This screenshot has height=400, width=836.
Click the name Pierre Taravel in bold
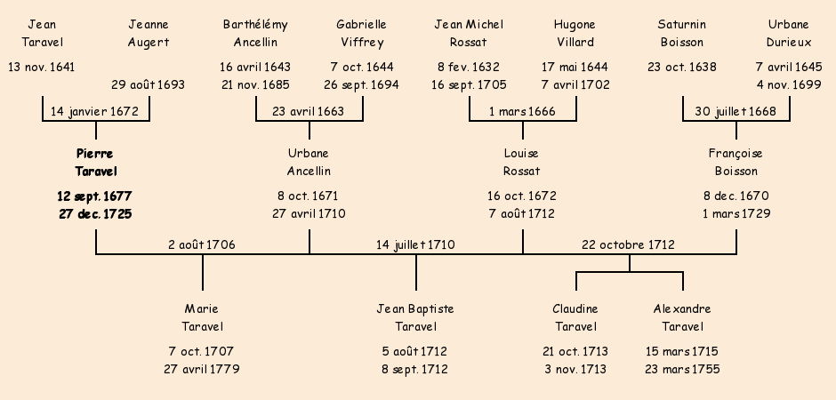[96, 163]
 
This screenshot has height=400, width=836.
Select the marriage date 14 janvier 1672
[96, 112]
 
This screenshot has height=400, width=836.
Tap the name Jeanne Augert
[149, 33]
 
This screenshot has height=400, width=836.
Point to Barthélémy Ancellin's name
[255, 33]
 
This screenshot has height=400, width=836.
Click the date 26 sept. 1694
[361, 85]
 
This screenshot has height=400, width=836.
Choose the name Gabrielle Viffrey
[361, 33]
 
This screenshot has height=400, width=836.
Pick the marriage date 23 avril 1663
[309, 112]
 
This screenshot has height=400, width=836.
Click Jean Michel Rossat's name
[469, 33]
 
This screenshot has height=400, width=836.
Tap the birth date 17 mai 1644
[575, 67]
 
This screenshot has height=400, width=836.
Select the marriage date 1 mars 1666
[522, 112]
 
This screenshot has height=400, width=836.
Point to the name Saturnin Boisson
[682, 33]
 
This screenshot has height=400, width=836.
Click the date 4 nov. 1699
[789, 85]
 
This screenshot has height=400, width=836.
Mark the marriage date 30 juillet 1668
[736, 112]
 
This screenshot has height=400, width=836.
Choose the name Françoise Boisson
[736, 163]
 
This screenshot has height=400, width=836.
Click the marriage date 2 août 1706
[202, 244]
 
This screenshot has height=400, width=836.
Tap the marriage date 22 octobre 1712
[628, 244]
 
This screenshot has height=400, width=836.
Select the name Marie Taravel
[202, 317]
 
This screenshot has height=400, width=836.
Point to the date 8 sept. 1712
[415, 369]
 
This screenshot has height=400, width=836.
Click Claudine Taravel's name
[575, 317]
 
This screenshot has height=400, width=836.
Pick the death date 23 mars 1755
[682, 369]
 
